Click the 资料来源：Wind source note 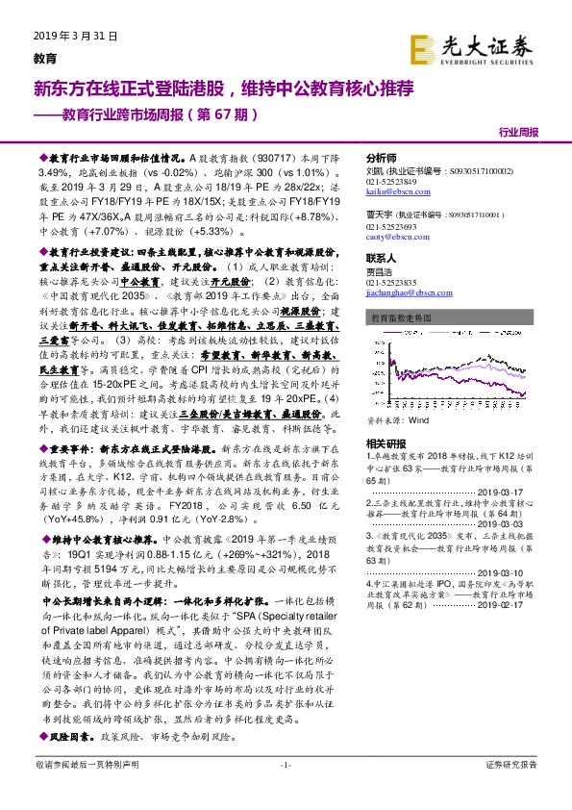coord(396,418)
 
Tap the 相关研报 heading coord(385,443)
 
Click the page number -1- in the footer coord(285,791)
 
